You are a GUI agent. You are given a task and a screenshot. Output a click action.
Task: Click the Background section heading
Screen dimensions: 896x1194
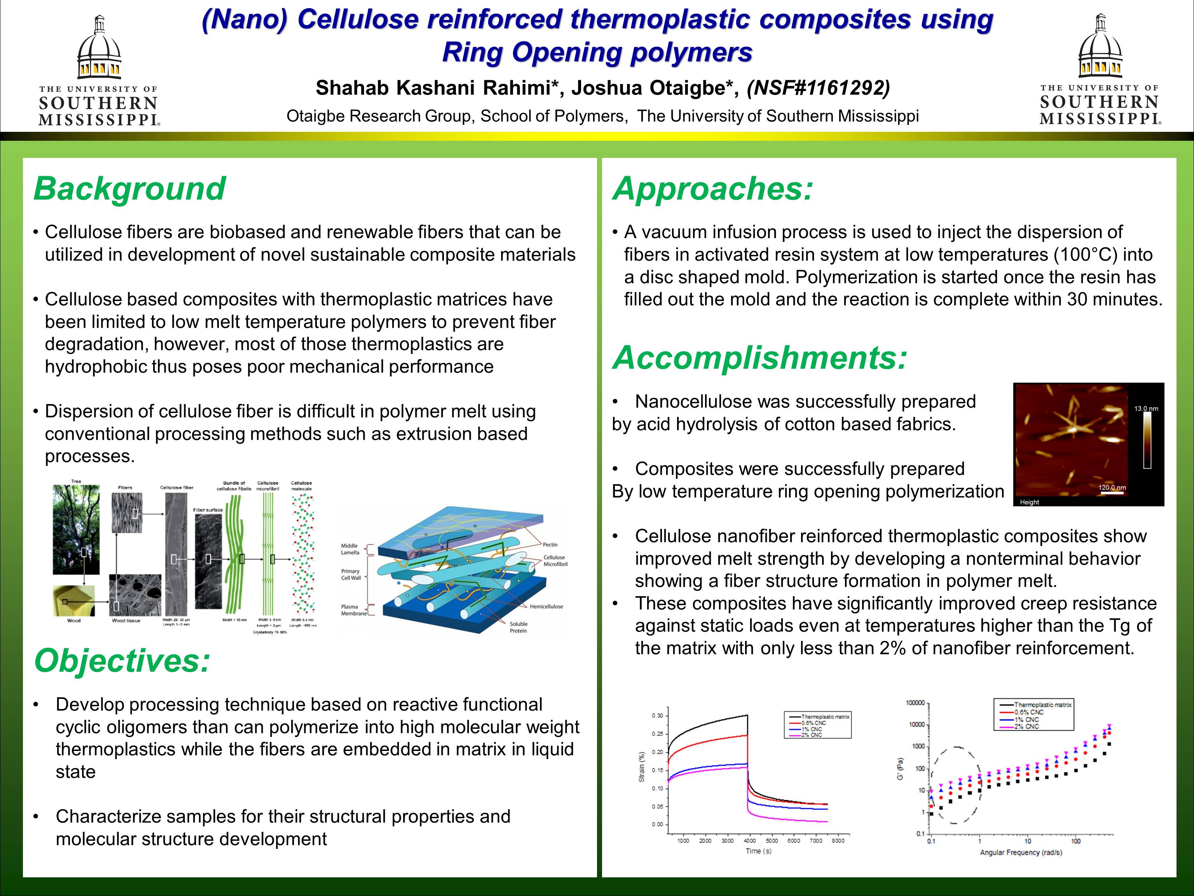coord(129,189)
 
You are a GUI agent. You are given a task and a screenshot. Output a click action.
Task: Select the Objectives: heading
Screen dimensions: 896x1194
coord(122,660)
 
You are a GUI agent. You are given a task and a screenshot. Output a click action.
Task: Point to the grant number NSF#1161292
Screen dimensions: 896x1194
coord(818,87)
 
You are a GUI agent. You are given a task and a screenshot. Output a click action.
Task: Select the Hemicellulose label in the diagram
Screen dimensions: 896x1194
coord(546,607)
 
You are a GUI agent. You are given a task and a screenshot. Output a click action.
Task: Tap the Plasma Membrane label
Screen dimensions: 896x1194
coord(354,610)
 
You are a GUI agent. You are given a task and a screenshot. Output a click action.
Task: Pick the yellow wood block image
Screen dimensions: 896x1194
coord(74,600)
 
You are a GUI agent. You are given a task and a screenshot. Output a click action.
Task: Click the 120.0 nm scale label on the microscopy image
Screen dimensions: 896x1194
coord(1112,488)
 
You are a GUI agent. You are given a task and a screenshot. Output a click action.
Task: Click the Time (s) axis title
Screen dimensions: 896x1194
coord(758,851)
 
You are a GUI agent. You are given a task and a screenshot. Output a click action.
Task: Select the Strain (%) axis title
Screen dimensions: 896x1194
coord(642,767)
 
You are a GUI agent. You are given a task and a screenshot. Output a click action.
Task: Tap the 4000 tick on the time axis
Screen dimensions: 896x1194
coord(749,841)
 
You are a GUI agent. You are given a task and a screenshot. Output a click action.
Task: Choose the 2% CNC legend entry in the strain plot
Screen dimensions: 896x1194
coord(812,735)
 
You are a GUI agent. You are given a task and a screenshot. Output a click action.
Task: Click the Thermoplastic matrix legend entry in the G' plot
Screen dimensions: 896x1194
coord(1042,705)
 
